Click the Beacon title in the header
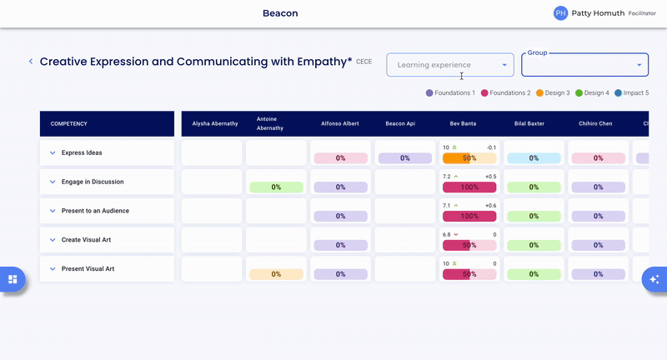[280, 13]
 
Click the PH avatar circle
[560, 13]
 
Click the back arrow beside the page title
[31, 62]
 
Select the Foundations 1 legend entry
[450, 93]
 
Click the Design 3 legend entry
[553, 93]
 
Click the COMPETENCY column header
[69, 124]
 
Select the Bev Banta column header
[469, 124]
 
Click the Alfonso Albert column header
[340, 124]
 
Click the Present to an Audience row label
[95, 211]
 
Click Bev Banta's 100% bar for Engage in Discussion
[469, 187]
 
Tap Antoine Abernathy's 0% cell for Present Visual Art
[276, 274]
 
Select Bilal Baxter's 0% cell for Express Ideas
[534, 158]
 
